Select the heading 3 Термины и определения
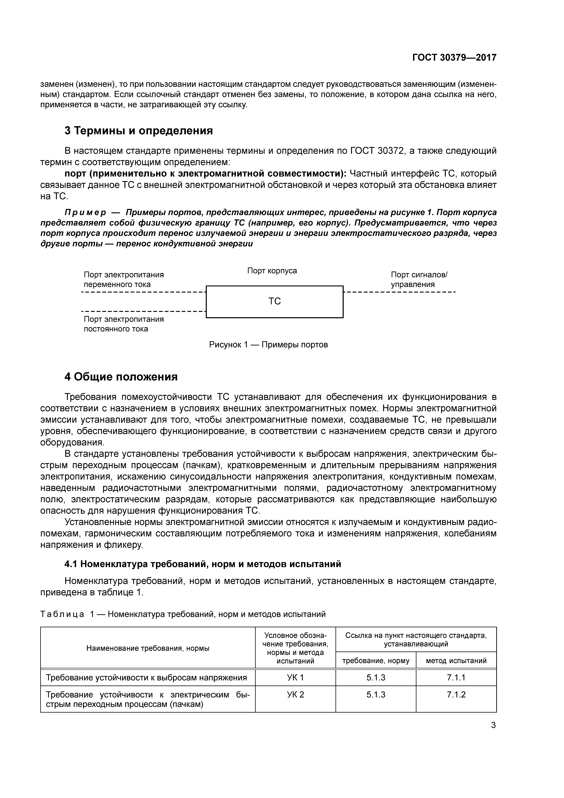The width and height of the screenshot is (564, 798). pyautogui.click(x=138, y=131)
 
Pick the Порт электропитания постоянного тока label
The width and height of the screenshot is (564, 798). pyautogui.click(x=124, y=324)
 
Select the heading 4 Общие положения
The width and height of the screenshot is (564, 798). pyautogui.click(x=121, y=377)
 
